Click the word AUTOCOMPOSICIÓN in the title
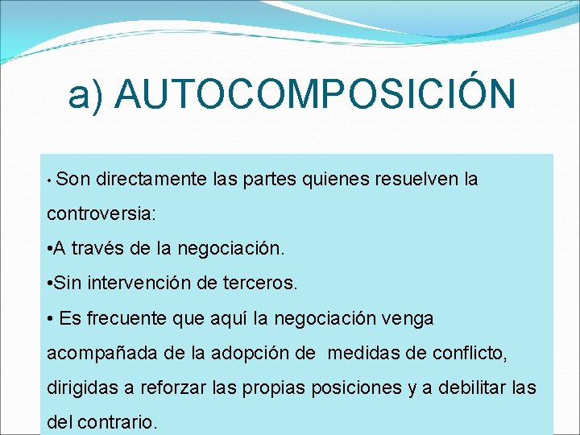315,94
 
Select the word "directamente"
151,180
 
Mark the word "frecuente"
132,319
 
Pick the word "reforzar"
176,387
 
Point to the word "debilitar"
474,387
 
